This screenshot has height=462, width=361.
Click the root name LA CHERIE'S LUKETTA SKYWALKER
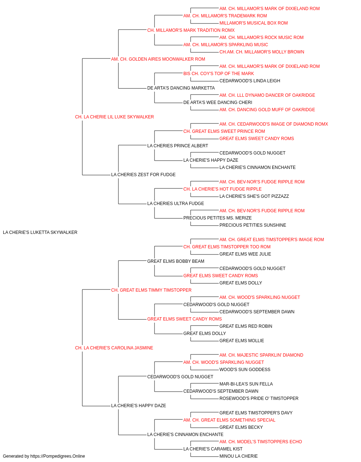(x=40, y=232)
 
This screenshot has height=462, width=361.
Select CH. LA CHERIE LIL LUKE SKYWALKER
(x=114, y=117)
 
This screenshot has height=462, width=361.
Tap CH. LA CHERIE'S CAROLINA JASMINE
(x=114, y=348)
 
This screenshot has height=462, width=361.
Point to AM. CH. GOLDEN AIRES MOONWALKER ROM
(x=158, y=59)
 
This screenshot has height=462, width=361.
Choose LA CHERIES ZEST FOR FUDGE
(x=143, y=175)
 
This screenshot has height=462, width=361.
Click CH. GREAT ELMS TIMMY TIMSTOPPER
(x=151, y=290)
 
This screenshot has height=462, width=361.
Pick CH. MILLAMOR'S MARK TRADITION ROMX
(x=191, y=30)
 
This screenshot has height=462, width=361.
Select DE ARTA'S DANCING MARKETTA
(x=181, y=88)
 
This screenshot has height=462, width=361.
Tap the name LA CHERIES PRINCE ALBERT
(x=178, y=145)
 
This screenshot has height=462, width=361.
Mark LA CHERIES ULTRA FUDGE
(x=175, y=204)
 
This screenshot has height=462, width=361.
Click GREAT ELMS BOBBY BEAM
(x=175, y=261)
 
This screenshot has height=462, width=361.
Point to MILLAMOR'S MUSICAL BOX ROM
(x=253, y=23)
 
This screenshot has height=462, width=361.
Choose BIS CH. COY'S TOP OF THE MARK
(x=218, y=74)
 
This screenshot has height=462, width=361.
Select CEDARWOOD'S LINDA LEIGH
(x=249, y=81)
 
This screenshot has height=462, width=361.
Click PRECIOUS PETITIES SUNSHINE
(x=253, y=225)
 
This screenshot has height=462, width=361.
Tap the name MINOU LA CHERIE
(x=238, y=456)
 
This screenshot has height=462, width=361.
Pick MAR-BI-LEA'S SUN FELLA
(x=246, y=384)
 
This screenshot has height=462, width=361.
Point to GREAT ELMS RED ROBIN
(x=245, y=326)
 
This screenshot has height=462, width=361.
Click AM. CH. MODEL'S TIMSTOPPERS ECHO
(x=260, y=441)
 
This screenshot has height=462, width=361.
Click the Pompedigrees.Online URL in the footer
(x=57, y=456)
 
